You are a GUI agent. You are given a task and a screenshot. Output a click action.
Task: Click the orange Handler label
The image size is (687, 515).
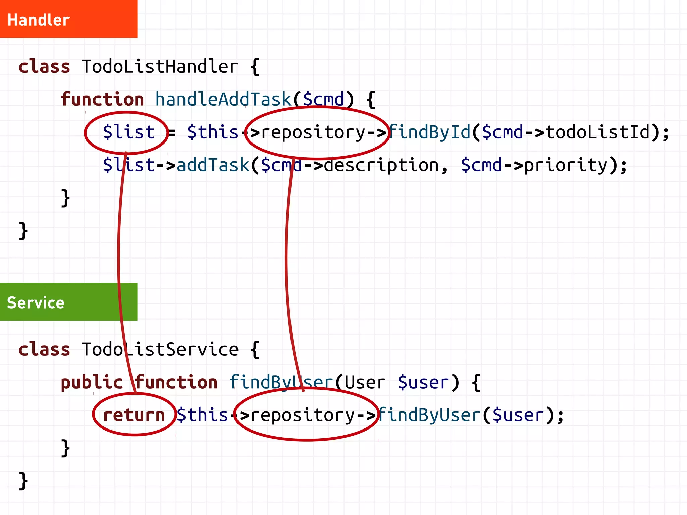38,20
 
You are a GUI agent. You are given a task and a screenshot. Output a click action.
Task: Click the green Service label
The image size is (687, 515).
36,303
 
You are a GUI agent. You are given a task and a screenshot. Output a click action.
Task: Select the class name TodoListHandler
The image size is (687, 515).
160,66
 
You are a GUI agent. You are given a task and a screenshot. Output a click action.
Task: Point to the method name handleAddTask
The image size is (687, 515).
223,99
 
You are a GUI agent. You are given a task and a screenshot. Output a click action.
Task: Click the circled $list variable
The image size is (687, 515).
128,132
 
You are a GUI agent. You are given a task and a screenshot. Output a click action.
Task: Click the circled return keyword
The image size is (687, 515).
134,415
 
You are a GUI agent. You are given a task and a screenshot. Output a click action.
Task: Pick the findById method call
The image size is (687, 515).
430,132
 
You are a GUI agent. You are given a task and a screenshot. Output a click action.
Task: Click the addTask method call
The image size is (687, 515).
213,165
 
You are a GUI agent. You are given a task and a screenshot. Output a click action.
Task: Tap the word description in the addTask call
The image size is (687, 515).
381,165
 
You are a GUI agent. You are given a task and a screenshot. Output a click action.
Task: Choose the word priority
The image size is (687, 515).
566,165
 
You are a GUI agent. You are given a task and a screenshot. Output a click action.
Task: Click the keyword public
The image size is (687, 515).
92,382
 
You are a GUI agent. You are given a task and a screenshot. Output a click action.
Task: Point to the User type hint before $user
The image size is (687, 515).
365,382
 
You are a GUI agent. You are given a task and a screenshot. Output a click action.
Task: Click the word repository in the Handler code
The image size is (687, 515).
313,132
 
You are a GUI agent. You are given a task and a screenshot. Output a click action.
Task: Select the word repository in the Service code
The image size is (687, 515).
303,415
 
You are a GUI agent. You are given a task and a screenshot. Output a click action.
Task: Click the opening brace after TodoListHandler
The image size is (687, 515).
255,66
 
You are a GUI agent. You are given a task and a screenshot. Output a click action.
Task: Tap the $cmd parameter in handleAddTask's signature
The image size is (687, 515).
323,99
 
